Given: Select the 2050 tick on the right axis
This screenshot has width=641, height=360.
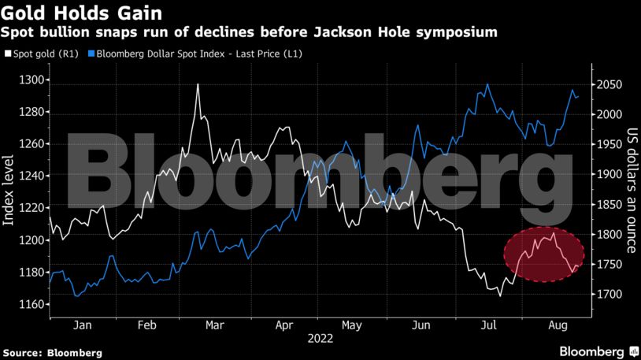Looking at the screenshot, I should [610, 85].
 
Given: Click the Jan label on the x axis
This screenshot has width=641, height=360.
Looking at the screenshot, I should [83, 325].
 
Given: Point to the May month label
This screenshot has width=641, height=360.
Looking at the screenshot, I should [351, 325].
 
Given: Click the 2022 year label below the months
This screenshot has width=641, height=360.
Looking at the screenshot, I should [319, 339].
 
